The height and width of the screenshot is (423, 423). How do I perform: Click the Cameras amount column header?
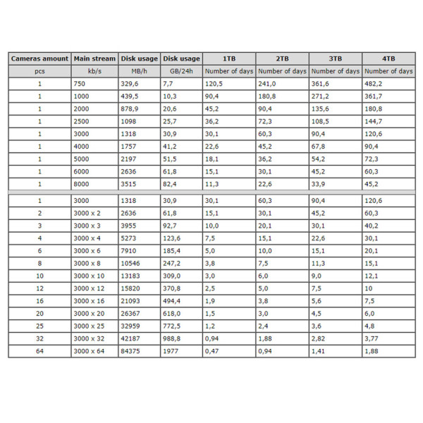(x=39, y=59)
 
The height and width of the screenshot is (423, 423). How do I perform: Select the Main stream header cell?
(x=94, y=59)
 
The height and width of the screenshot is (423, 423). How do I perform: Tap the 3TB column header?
(x=335, y=59)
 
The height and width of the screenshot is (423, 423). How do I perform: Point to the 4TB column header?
(x=388, y=59)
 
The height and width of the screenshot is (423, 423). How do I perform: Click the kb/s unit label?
(x=94, y=71)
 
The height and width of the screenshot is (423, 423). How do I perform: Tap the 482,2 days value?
(x=374, y=84)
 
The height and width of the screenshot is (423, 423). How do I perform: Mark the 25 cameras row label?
(x=39, y=326)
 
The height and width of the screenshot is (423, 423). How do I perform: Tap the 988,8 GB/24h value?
(x=173, y=338)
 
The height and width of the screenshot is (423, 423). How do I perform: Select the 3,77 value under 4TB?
(x=372, y=338)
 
